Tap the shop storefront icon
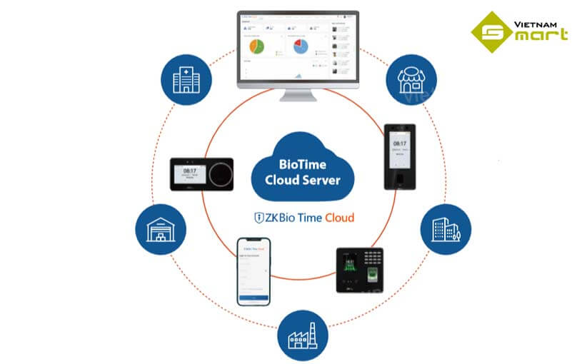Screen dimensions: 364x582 click(409, 79)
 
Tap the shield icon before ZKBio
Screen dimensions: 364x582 click(260, 216)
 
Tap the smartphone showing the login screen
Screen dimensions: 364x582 click(254, 272)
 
